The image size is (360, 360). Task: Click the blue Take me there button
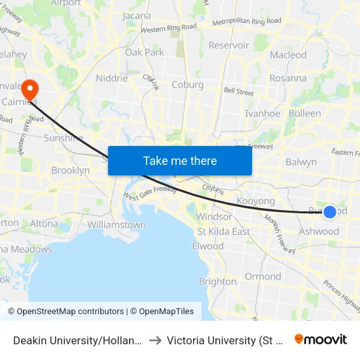[179, 160]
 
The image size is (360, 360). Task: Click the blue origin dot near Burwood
[330, 211]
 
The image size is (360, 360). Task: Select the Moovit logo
[321, 340]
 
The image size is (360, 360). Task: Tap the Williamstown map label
[116, 225]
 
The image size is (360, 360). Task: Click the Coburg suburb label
[187, 84]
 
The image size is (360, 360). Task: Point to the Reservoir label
[228, 46]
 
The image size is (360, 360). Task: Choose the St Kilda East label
[223, 232]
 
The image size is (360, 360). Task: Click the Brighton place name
[217, 281]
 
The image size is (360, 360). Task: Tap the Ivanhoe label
[262, 113]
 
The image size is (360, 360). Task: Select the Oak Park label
[144, 52]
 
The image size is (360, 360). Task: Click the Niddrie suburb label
[112, 78]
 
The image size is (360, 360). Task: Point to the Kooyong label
[255, 201]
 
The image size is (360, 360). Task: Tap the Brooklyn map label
[70, 170]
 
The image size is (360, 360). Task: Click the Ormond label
[262, 276]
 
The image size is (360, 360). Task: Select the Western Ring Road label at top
[168, 29]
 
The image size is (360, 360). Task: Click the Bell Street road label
[238, 92]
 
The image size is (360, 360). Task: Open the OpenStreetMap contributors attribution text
[66, 312]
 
